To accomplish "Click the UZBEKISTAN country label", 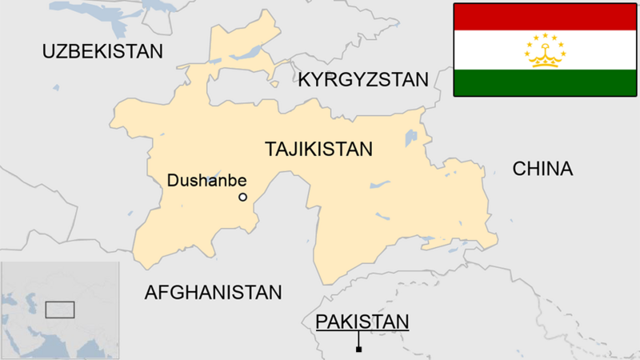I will tap(102, 52).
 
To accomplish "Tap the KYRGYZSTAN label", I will tap(363, 79).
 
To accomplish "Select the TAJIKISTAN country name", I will tap(318, 149).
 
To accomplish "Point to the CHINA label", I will tap(542, 169).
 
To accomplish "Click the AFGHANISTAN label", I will tap(213, 293).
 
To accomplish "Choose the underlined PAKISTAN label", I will tap(362, 322).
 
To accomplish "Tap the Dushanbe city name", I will tap(206, 181).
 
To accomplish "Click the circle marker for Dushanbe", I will tap(243, 197).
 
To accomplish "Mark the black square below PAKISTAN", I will tap(359, 349).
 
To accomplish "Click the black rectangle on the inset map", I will tap(59, 309).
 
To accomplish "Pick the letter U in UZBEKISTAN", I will tap(49, 52).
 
